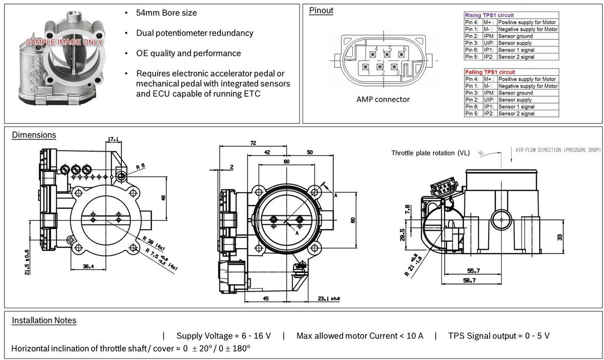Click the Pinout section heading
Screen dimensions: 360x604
(321, 11)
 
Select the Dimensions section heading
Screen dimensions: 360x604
(34, 135)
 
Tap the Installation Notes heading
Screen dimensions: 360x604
(44, 320)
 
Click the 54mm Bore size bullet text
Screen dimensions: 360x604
(166, 13)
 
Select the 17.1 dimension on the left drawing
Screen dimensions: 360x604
(112, 139)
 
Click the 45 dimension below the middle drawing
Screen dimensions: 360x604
(265, 298)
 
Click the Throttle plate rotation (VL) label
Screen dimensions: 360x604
(430, 153)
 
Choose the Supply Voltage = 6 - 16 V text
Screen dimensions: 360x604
(224, 336)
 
